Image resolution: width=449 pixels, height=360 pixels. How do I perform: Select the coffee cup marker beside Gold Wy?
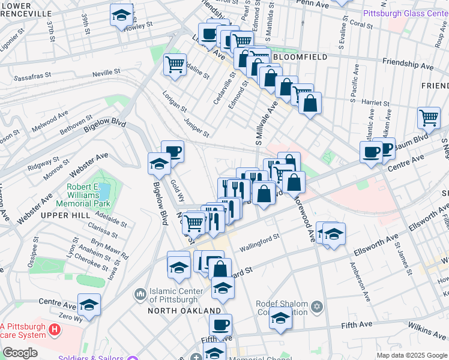pyautogui.click(x=172, y=152)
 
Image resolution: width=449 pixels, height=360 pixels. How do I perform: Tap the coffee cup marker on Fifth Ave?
pyautogui.click(x=221, y=326)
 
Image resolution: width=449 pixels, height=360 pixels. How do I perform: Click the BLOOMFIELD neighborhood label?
pyautogui.click(x=300, y=57)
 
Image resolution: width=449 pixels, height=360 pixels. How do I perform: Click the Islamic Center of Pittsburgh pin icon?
pyautogui.click(x=140, y=294)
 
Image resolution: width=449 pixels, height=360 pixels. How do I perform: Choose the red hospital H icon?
pyautogui.click(x=55, y=329)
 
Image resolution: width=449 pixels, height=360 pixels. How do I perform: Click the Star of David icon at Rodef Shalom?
pyautogui.click(x=317, y=308)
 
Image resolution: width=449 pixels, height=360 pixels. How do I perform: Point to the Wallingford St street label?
pyautogui.click(x=260, y=241)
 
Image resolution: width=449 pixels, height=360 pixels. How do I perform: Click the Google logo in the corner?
pyautogui.click(x=19, y=353)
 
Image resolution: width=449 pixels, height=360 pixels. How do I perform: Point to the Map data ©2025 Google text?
pyautogui.click(x=411, y=355)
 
